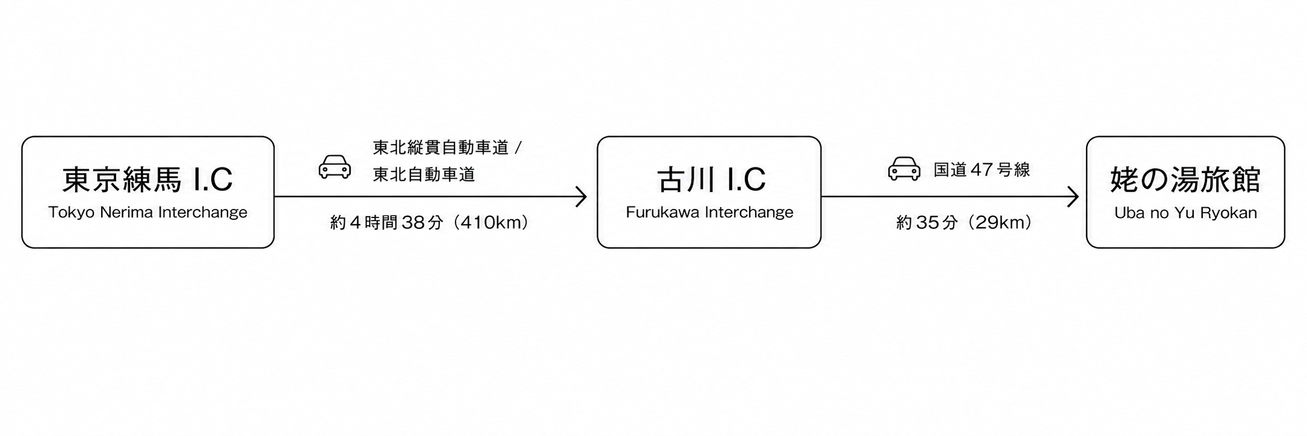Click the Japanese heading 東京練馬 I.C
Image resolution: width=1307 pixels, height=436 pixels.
point(147,179)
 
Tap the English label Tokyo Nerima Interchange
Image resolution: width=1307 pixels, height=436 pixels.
point(147,212)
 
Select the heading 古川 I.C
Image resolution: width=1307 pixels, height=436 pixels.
point(711,179)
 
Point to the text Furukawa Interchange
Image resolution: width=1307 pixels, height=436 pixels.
point(709,212)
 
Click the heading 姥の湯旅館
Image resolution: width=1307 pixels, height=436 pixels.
point(1185,179)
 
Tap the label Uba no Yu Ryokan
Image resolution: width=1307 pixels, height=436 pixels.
point(1185,213)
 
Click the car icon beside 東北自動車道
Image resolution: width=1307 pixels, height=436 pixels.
point(335,167)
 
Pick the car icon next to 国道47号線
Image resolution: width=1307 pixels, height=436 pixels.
point(904,169)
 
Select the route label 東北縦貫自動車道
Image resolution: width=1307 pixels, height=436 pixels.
point(441,148)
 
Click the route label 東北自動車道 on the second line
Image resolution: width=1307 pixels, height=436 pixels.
point(424,175)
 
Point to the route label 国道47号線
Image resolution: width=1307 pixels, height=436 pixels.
point(981,170)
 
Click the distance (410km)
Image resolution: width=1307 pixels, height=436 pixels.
point(491,223)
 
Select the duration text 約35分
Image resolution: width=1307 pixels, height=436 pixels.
point(927,223)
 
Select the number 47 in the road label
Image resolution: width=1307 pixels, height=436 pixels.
point(981,170)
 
